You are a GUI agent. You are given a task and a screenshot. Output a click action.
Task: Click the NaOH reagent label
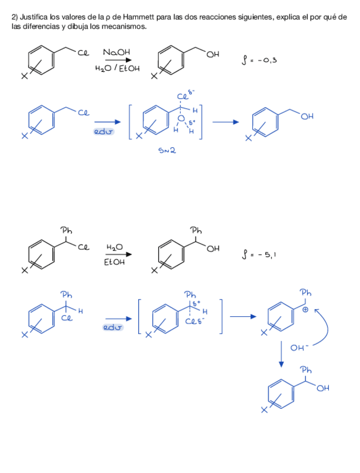[116, 52]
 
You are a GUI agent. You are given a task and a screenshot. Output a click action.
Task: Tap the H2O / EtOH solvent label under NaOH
[117, 69]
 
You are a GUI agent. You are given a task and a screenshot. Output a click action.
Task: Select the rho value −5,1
[262, 255]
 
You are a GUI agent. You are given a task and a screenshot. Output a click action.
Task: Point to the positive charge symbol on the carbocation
[305, 311]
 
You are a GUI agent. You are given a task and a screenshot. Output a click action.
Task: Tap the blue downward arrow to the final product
[282, 354]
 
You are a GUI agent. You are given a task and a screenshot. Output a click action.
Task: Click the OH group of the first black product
[213, 54]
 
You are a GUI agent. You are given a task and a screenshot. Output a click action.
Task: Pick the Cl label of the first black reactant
[84, 54]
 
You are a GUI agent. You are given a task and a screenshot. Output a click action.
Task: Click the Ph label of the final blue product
[306, 370]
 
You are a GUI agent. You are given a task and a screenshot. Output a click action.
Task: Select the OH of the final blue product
[324, 388]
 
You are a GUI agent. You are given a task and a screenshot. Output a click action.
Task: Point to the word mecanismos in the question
[128, 26]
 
